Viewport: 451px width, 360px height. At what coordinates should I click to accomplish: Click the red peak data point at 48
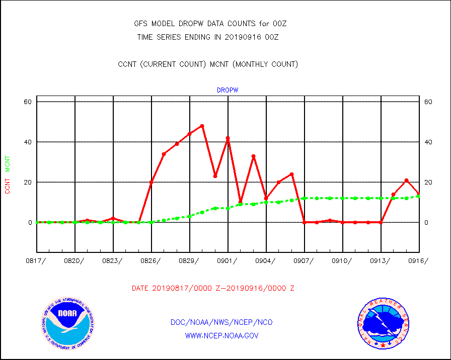point(202,126)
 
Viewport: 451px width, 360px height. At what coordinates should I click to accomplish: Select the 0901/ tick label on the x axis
point(228,260)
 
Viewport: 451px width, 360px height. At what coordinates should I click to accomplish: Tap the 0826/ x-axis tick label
point(152,260)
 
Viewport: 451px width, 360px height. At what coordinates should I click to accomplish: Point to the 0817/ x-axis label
point(37,260)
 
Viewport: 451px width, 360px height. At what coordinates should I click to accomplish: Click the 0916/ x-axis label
point(418,260)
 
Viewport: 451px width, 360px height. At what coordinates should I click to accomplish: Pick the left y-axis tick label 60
point(27,102)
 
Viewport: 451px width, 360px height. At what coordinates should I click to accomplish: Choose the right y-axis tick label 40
point(428,142)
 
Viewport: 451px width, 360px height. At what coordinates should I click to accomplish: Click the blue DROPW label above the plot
point(228,90)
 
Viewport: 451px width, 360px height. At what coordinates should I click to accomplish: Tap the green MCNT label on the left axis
point(8,163)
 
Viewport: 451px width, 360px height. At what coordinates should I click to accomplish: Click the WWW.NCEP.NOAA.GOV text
point(222,335)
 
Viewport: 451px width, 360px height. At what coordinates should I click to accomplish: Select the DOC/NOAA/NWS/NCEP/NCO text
point(222,322)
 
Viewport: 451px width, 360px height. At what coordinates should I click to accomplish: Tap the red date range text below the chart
point(213,288)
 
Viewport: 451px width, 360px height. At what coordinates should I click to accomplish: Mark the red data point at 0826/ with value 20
point(151,182)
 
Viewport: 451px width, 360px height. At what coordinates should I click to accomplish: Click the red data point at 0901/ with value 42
point(228,138)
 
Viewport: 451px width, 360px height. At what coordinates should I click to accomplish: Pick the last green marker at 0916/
point(418,196)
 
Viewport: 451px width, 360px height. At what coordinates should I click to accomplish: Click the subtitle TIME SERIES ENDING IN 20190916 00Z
point(208,37)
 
